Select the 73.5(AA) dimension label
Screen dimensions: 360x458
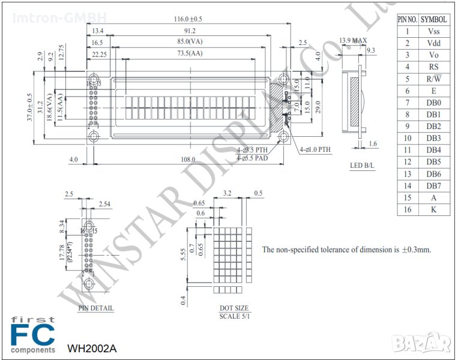pyautogui.click(x=190, y=53)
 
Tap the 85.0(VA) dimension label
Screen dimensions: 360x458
pyautogui.click(x=190, y=42)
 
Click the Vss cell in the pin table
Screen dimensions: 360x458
pyautogui.click(x=433, y=31)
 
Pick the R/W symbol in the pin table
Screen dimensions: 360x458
pyautogui.click(x=433, y=79)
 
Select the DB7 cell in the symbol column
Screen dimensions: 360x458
pyautogui.click(x=433, y=185)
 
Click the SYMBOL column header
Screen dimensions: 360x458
pyautogui.click(x=433, y=19)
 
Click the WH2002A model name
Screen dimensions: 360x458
pyautogui.click(x=92, y=348)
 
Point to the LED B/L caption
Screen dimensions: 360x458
pyautogui.click(x=363, y=165)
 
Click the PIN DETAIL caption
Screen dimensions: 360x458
pyautogui.click(x=96, y=308)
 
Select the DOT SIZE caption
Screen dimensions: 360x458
pyautogui.click(x=234, y=308)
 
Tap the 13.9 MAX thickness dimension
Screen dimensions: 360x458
pyautogui.click(x=353, y=41)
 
